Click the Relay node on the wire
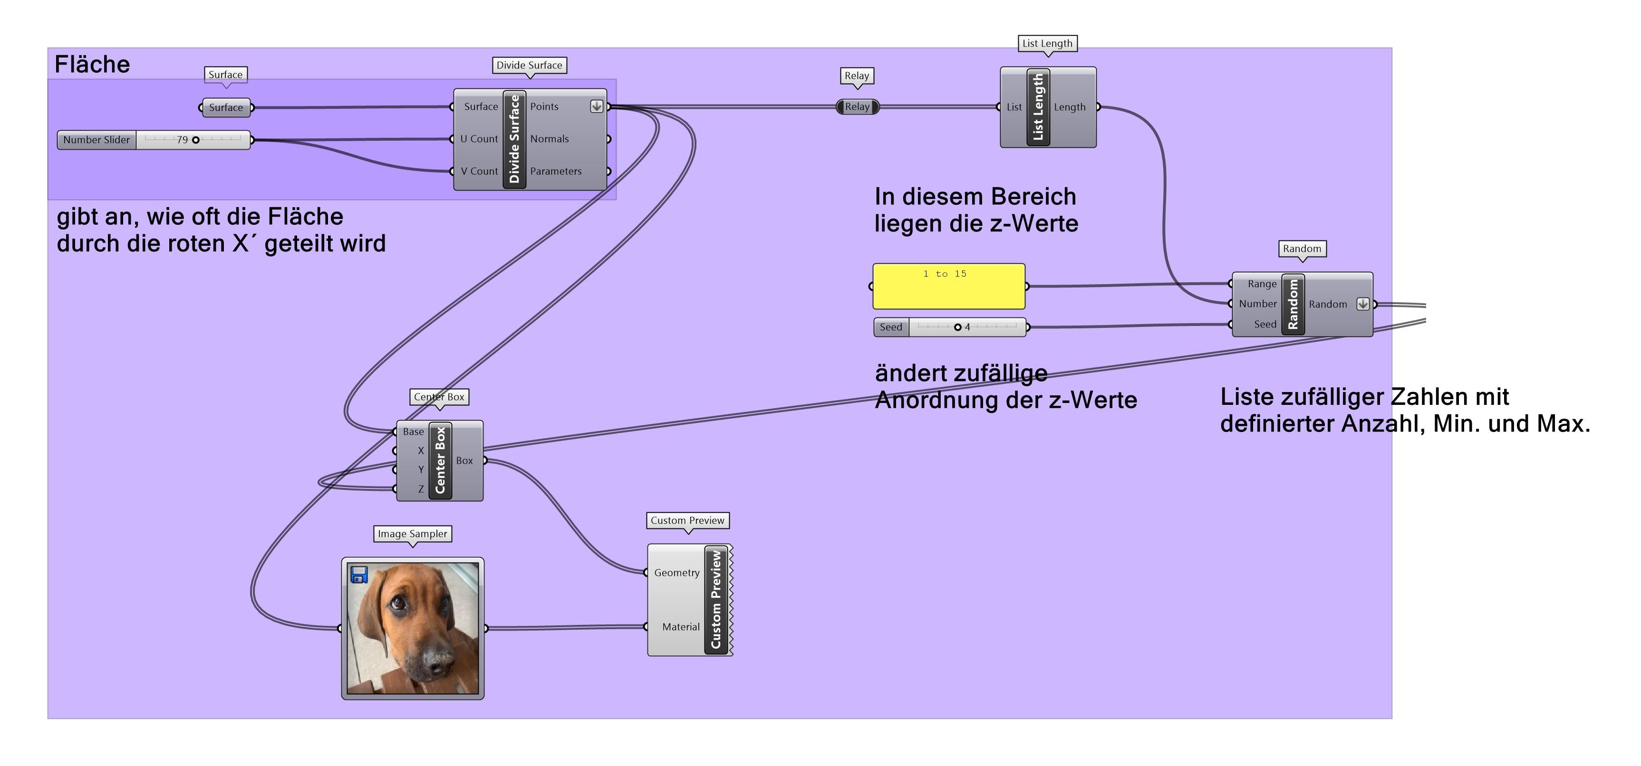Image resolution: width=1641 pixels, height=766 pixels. coord(857,107)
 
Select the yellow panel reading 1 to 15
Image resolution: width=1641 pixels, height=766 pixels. coord(948,287)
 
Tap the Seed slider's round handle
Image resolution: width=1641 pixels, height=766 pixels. coord(957,327)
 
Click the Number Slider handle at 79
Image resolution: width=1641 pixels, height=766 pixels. coord(195,140)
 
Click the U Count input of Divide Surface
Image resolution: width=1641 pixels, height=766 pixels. coord(479,139)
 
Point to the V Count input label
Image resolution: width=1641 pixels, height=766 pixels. coord(479,171)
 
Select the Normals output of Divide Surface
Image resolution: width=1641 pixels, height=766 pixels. coord(549,139)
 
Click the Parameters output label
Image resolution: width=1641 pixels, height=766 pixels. coord(556,171)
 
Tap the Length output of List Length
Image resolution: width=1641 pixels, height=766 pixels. coord(1070,107)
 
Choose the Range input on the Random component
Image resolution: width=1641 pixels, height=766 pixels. coord(1262,284)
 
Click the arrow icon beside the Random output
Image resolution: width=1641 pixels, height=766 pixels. coord(1362,305)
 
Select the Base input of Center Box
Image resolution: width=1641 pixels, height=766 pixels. coord(413,432)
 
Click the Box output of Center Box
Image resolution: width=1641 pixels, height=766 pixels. coord(464,460)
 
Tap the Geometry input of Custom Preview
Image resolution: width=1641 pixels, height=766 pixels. coord(676,573)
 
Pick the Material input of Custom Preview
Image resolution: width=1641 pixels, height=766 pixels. coord(680,627)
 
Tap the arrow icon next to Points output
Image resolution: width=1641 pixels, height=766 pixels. coord(596,106)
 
